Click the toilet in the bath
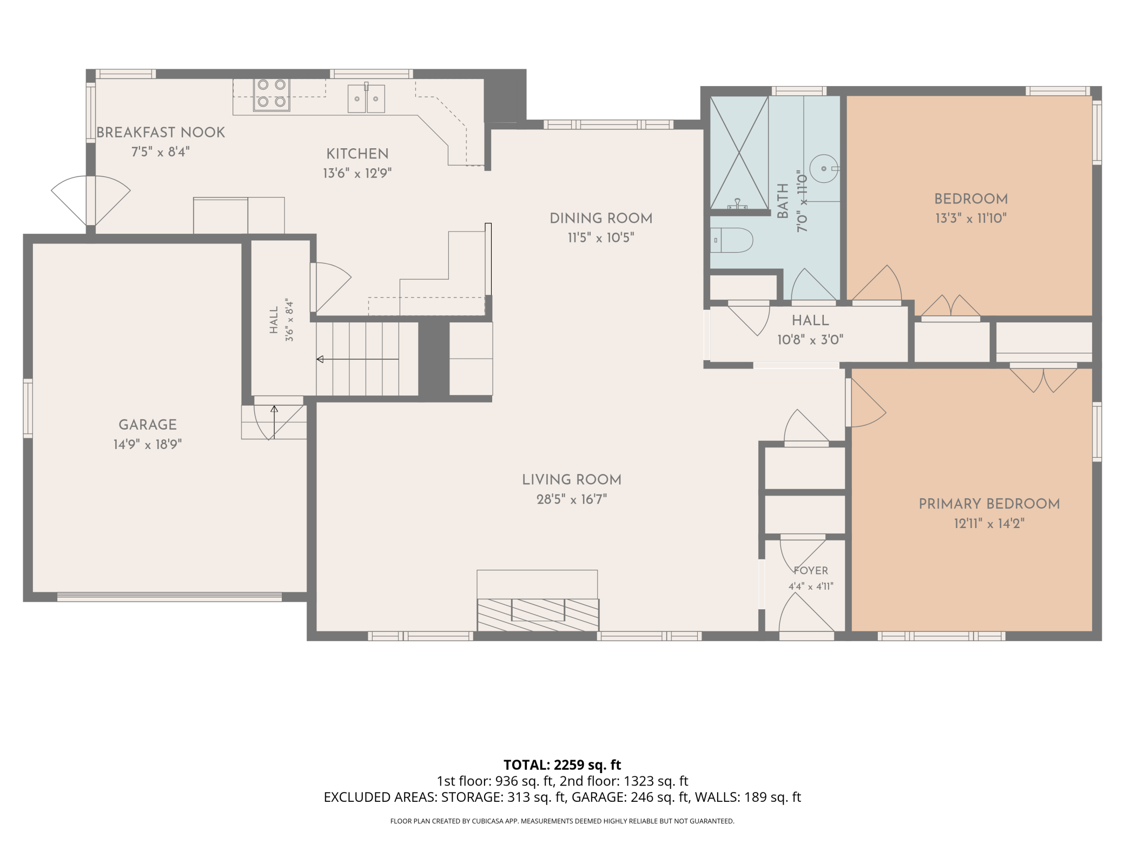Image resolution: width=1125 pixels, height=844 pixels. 731,240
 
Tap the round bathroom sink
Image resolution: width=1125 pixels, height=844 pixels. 823,169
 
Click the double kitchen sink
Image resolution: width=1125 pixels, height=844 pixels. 366,98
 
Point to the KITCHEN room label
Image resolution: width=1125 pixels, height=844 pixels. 358,154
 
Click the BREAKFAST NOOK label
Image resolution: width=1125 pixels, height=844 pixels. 161,133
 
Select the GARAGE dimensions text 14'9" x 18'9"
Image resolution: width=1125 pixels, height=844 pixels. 148,444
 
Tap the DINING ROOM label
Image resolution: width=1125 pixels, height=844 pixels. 601,218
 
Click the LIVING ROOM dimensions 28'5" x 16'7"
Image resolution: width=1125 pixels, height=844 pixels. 572,499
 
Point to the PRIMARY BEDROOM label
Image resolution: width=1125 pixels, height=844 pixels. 989,504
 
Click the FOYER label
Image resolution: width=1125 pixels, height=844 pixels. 811,570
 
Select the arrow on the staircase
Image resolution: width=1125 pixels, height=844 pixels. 358,359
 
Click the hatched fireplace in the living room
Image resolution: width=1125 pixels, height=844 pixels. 538,615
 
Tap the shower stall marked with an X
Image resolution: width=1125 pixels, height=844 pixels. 739,153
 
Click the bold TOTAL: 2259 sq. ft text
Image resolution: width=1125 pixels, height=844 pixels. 562,765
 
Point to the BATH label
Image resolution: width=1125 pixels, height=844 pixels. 783,201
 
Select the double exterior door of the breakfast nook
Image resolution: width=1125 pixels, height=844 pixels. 91,200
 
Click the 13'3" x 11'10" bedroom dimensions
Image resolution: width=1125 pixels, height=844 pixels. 971,218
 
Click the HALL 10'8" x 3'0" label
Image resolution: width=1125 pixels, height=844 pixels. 810,330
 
